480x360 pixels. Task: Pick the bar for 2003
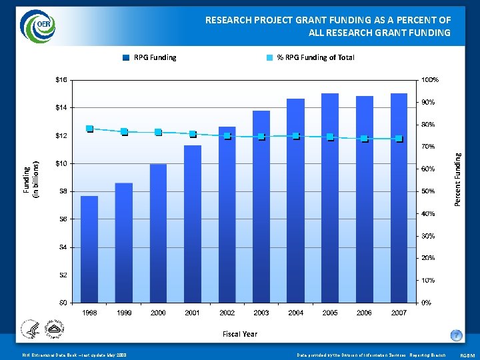(261, 206)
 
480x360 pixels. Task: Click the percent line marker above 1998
(89, 129)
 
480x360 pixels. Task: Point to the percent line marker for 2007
(399, 139)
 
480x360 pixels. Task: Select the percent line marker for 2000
(158, 132)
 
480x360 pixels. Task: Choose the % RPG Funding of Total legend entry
(310, 57)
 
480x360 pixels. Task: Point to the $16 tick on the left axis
(61, 80)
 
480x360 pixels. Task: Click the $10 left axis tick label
(61, 163)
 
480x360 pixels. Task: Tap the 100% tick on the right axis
(429, 80)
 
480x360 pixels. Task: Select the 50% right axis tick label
(427, 191)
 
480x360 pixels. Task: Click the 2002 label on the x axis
(227, 313)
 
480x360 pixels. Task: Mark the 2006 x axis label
(364, 313)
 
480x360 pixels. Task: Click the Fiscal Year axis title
(240, 333)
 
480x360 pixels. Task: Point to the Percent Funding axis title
(457, 179)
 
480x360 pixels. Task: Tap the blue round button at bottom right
(456, 335)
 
